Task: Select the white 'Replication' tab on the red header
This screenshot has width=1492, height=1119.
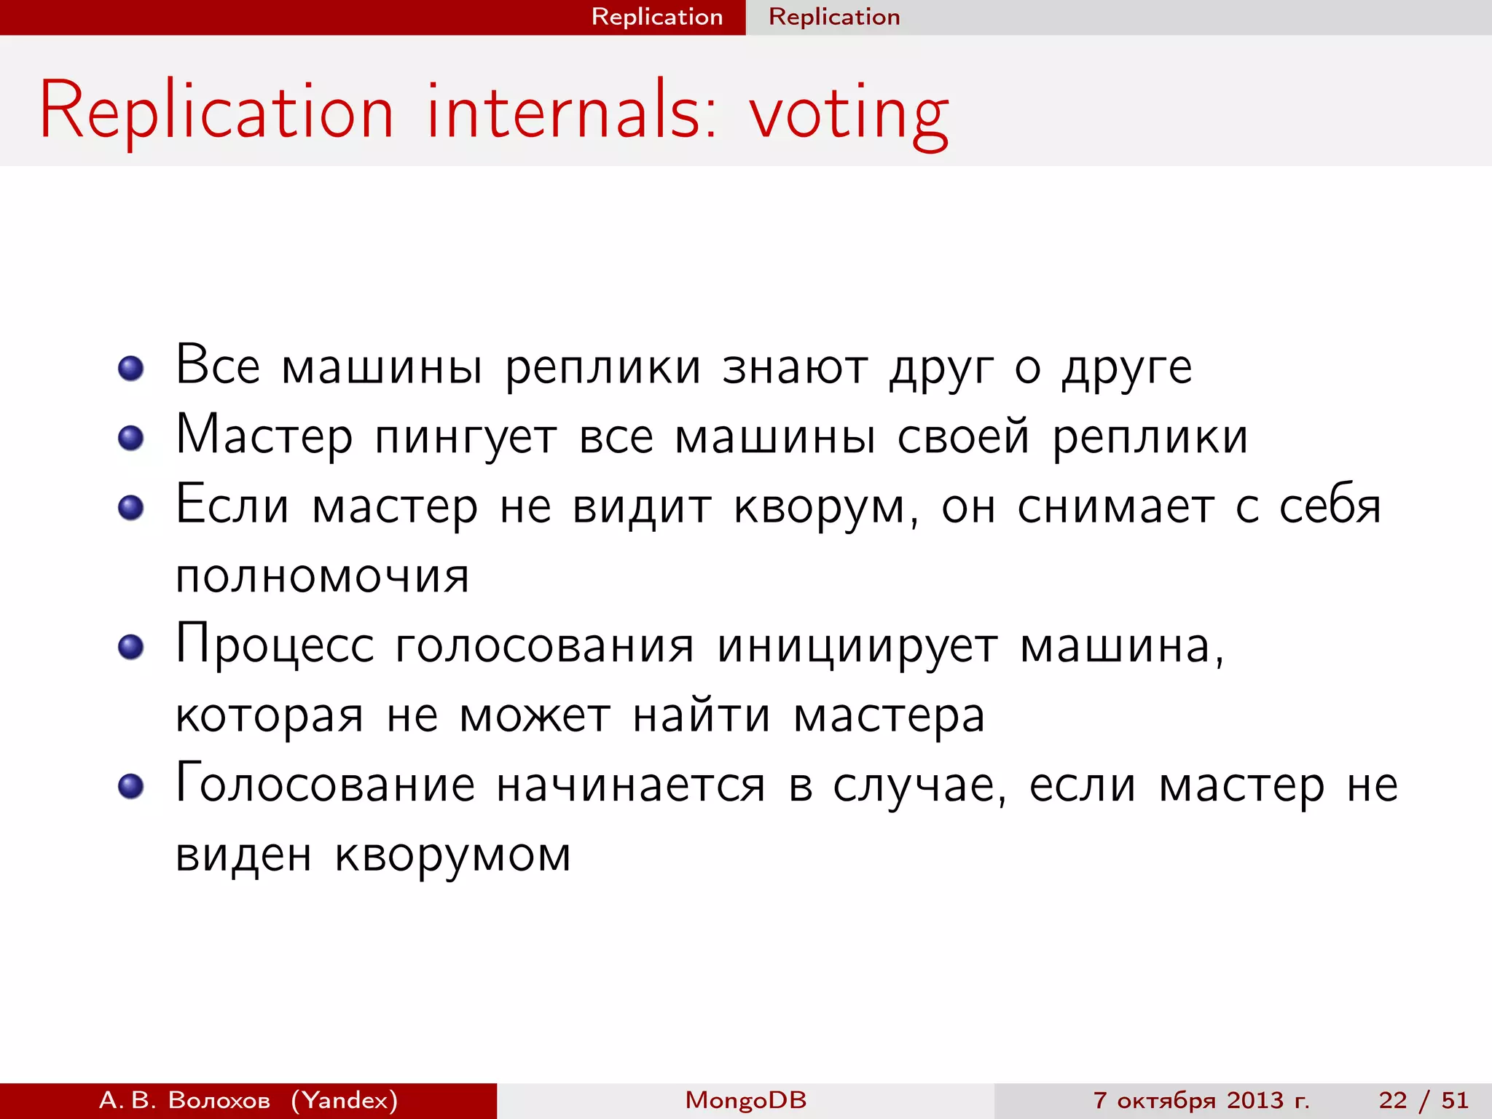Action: tap(656, 17)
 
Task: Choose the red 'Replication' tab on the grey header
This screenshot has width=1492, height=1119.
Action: tap(834, 17)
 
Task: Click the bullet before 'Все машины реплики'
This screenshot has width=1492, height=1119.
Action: tap(131, 368)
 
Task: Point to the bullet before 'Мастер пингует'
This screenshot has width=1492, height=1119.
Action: tap(131, 438)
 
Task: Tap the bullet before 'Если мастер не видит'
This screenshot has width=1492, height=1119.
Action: tap(131, 508)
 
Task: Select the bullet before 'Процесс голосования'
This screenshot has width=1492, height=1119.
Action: tap(131, 647)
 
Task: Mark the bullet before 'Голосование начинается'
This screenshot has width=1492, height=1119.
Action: tap(131, 787)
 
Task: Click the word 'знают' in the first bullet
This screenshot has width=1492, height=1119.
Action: tap(795, 366)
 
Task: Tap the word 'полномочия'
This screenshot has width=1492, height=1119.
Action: tap(322, 576)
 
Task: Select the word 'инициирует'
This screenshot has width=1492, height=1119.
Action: tap(857, 646)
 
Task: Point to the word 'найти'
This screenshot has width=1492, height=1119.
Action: tap(701, 715)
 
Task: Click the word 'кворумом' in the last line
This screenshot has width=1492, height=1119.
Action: tap(452, 855)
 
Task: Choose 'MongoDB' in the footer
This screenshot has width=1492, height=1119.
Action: tap(745, 1100)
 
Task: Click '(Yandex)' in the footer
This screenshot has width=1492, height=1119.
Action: tap(345, 1100)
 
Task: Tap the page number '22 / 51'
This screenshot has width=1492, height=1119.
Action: tap(1423, 1100)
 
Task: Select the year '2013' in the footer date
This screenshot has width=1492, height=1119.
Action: tap(1255, 1100)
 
